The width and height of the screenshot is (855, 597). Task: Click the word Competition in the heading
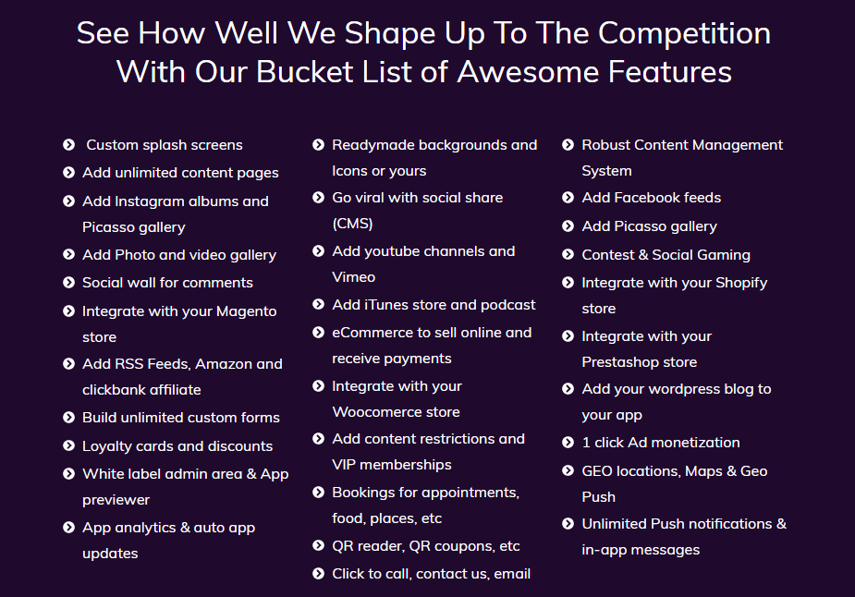click(x=684, y=34)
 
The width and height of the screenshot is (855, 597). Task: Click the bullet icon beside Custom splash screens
click(x=68, y=144)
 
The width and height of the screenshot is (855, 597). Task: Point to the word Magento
click(x=247, y=311)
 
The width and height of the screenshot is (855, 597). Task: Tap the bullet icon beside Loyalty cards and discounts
click(x=68, y=446)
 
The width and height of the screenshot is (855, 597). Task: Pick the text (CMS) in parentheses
click(x=352, y=224)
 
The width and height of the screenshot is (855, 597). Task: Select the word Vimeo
click(x=353, y=277)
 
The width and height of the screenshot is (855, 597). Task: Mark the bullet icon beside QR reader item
click(x=319, y=546)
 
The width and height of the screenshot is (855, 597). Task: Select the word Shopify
click(x=741, y=283)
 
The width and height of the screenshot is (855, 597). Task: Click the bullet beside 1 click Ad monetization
click(x=568, y=442)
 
